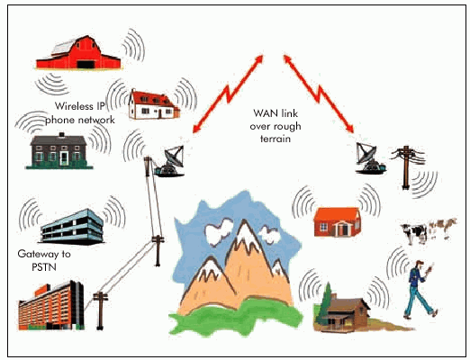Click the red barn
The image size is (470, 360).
pyautogui.click(x=78, y=53)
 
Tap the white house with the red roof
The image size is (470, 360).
pyautogui.click(x=154, y=104)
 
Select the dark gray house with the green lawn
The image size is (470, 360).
pyautogui.click(x=59, y=150)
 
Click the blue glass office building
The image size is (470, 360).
pyautogui.click(x=72, y=227)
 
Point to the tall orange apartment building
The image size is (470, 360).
pyautogui.click(x=51, y=306)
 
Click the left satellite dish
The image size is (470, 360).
pyautogui.click(x=170, y=161)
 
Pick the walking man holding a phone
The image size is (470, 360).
pyautogui.click(x=419, y=290)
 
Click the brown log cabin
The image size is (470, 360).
pyautogui.click(x=345, y=313)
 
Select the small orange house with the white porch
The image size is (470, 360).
pyautogui.click(x=338, y=221)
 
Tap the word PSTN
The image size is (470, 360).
pyautogui.click(x=44, y=267)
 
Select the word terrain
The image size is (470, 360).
pyautogui.click(x=276, y=139)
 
